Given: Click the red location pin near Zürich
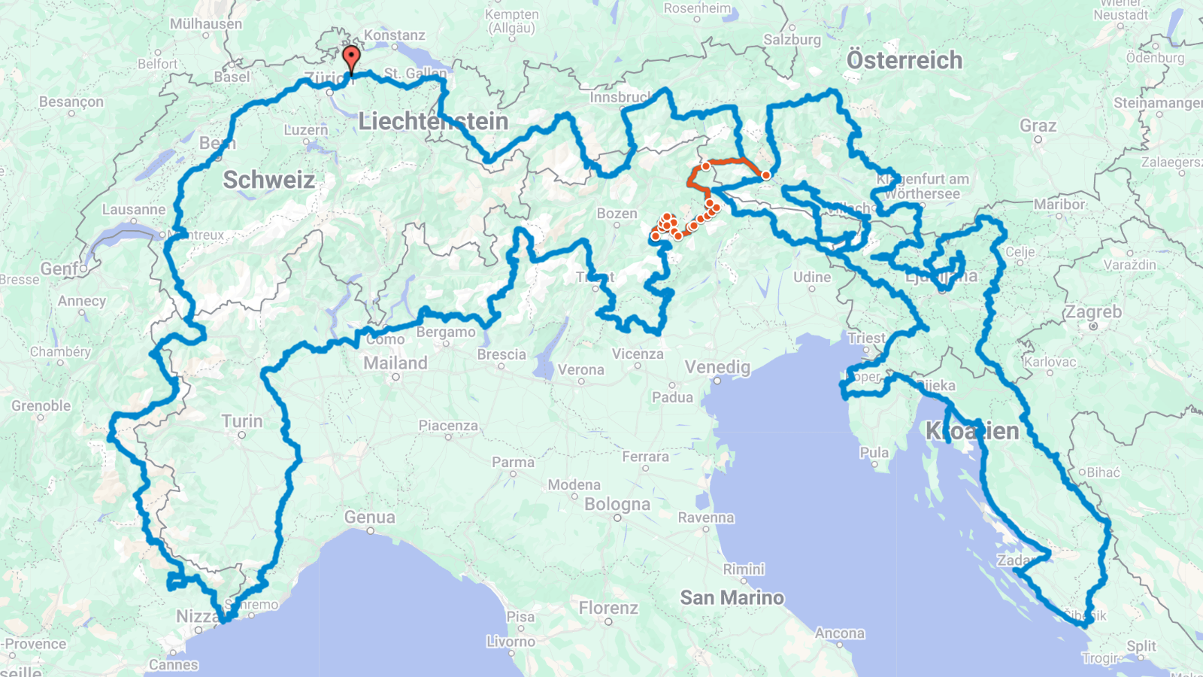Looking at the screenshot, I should (x=351, y=58).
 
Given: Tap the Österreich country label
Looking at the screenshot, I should (x=904, y=60).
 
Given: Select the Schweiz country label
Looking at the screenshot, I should (x=268, y=180).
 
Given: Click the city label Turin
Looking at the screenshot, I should (x=242, y=421).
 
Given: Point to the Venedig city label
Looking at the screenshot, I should (x=717, y=367).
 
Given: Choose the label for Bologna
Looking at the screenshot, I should (x=617, y=504).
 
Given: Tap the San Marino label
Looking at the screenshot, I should (x=732, y=598).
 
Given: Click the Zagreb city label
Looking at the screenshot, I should (x=1093, y=311).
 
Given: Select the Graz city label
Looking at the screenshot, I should (x=1038, y=126).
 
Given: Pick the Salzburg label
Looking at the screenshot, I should (x=792, y=40).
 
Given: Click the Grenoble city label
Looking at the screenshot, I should (x=41, y=406).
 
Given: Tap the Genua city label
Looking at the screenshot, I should (x=369, y=518).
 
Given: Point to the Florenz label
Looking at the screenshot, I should (x=608, y=608).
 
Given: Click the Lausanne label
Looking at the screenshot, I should (x=134, y=210).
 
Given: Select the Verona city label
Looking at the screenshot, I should (x=580, y=369).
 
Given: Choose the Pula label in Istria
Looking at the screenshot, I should (x=874, y=453).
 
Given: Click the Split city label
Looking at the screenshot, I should (x=1141, y=646).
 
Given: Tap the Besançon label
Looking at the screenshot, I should (x=71, y=102).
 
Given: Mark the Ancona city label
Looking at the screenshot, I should (x=839, y=633).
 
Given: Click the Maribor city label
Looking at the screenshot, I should (x=1059, y=205).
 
